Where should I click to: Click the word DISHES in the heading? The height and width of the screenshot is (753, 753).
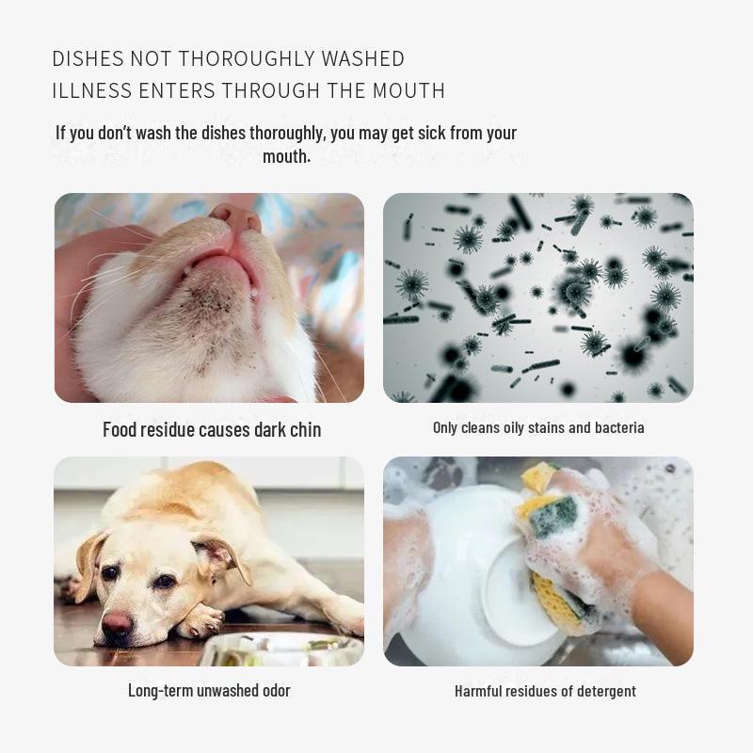click(x=88, y=58)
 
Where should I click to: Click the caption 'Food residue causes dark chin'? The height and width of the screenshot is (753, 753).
click(x=212, y=429)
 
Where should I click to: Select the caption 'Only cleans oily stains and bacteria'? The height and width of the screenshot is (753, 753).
click(x=538, y=427)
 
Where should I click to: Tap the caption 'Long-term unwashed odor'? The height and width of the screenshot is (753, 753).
click(x=209, y=690)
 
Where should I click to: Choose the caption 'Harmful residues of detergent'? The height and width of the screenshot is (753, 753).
click(x=545, y=691)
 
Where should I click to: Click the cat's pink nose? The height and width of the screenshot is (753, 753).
click(x=236, y=218)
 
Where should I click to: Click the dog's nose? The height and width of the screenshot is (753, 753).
click(x=118, y=621)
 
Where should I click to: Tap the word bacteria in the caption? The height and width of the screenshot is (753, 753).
click(x=618, y=427)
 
